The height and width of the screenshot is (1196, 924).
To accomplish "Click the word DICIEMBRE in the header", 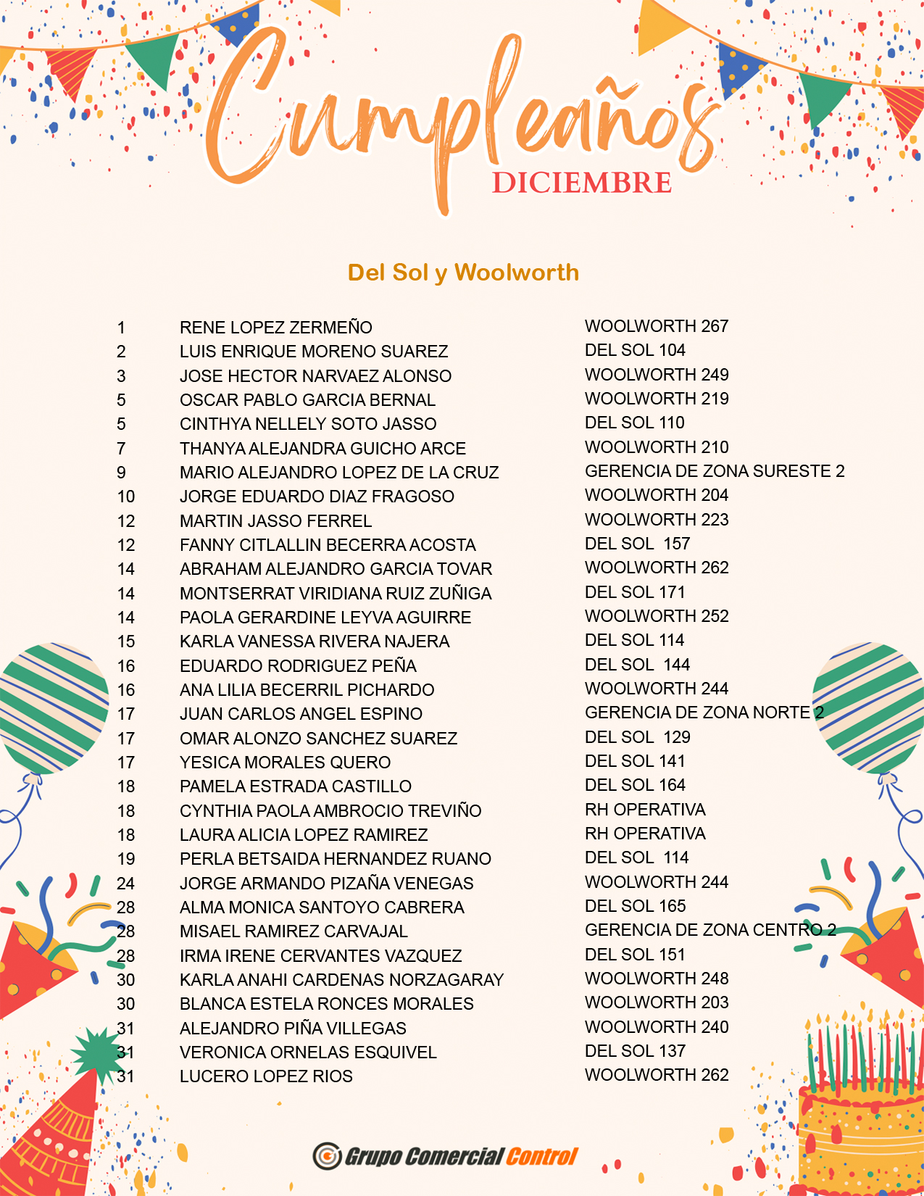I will pyautogui.click(x=582, y=183).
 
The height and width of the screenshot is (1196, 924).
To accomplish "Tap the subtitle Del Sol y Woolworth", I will pyautogui.click(x=463, y=273).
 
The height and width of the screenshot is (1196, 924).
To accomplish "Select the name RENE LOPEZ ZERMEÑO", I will pyautogui.click(x=275, y=328).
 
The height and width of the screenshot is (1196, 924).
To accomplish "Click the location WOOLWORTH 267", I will pyautogui.click(x=657, y=326).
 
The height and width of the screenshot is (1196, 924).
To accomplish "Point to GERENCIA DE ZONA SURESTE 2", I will pyautogui.click(x=715, y=471).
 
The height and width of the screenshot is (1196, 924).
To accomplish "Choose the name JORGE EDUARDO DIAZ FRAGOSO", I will pyautogui.click(x=317, y=497).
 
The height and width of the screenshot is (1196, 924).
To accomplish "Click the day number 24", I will pyautogui.click(x=126, y=884).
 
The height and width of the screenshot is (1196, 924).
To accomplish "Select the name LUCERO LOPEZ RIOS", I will pyautogui.click(x=266, y=1076).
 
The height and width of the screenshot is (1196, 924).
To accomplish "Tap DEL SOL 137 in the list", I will pyautogui.click(x=635, y=1051).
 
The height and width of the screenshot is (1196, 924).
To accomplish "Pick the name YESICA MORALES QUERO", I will pyautogui.click(x=285, y=763).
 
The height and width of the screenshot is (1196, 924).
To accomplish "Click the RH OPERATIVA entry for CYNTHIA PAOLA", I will pyautogui.click(x=645, y=810).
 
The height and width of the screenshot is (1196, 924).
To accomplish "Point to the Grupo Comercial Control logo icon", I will pyautogui.click(x=327, y=1155).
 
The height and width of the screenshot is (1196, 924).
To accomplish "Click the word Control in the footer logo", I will pyautogui.click(x=541, y=1156).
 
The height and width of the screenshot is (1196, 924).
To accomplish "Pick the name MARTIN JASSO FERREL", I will pyautogui.click(x=275, y=521).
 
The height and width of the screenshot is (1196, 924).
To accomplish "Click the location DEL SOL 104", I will pyautogui.click(x=635, y=350).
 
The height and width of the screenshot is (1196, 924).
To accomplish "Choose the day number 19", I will pyautogui.click(x=126, y=859).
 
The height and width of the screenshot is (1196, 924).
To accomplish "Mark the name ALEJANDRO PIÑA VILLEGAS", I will pyautogui.click(x=293, y=1029).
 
